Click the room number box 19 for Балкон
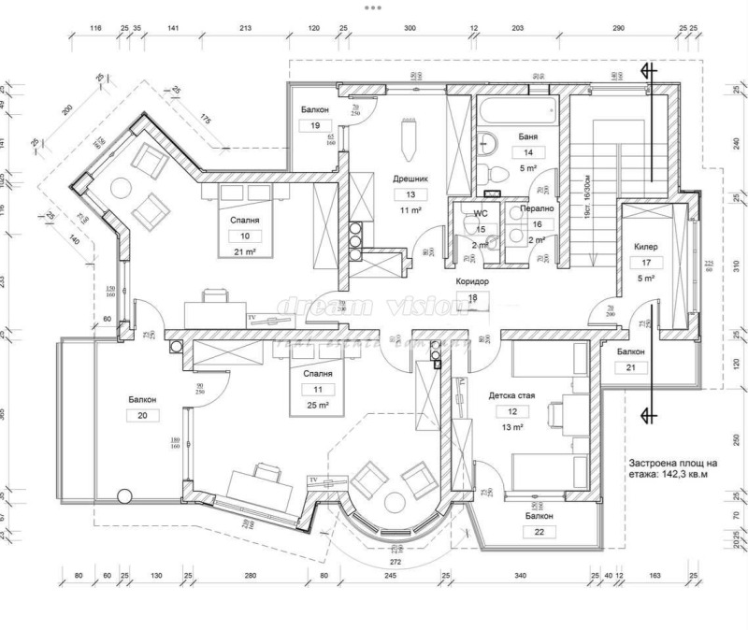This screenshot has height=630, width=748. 315,126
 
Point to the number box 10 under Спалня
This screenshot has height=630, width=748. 245,236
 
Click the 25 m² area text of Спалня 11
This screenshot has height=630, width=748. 318,405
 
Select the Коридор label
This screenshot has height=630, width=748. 471,281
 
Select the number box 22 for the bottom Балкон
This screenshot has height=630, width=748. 539,532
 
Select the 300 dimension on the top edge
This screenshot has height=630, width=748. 410,29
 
